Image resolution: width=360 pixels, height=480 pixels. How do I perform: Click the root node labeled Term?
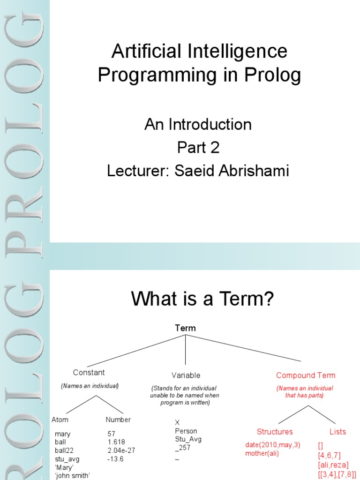click(185, 328)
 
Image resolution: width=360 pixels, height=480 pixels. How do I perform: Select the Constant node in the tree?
click(89, 373)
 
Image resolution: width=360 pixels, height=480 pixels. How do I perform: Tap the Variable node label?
click(186, 375)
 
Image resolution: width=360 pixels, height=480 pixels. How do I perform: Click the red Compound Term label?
click(306, 375)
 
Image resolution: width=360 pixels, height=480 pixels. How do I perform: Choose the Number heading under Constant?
click(118, 420)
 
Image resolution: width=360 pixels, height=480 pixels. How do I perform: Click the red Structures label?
click(275, 432)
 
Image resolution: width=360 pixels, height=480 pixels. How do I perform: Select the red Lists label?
click(337, 432)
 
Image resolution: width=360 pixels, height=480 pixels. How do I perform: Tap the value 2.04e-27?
click(121, 450)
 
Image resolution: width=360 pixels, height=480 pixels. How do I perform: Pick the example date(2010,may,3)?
click(273, 444)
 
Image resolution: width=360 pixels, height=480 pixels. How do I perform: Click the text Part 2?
click(198, 148)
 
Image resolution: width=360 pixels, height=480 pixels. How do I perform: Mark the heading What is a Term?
click(202, 298)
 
